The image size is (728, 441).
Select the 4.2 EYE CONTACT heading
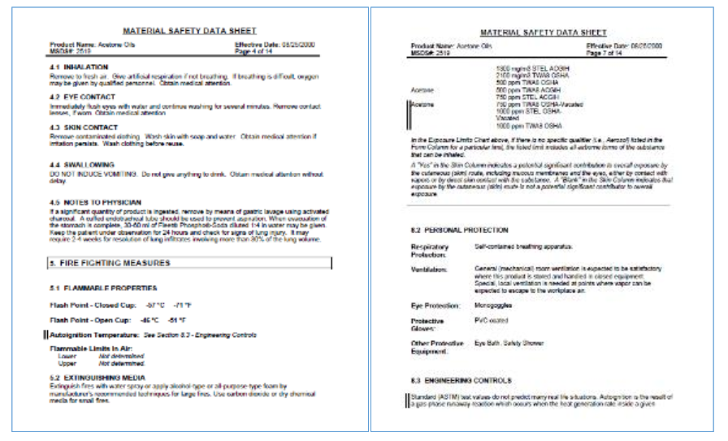[x=81, y=95]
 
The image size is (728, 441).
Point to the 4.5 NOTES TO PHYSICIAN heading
[x=95, y=201]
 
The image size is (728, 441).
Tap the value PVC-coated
[x=493, y=321]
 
